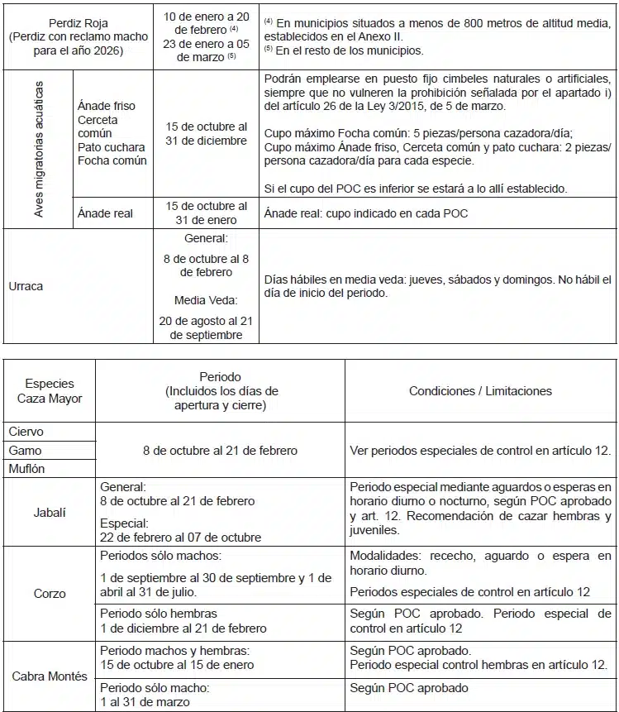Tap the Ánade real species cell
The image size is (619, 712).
coord(105,213)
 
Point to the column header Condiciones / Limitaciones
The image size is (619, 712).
coord(480,390)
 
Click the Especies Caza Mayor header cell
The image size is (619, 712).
coord(50,390)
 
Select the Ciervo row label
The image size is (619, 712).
coord(26,432)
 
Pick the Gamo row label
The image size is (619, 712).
coord(26,451)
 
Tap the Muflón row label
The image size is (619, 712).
coord(27,469)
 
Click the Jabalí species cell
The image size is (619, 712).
coord(50,512)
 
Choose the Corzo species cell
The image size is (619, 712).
coord(50,594)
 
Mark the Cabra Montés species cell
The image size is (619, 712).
coord(50,676)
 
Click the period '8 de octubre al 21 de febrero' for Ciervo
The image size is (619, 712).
coord(220,451)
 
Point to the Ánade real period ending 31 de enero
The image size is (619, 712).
coord(206,213)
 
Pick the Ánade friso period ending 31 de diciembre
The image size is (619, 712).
coord(206,133)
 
